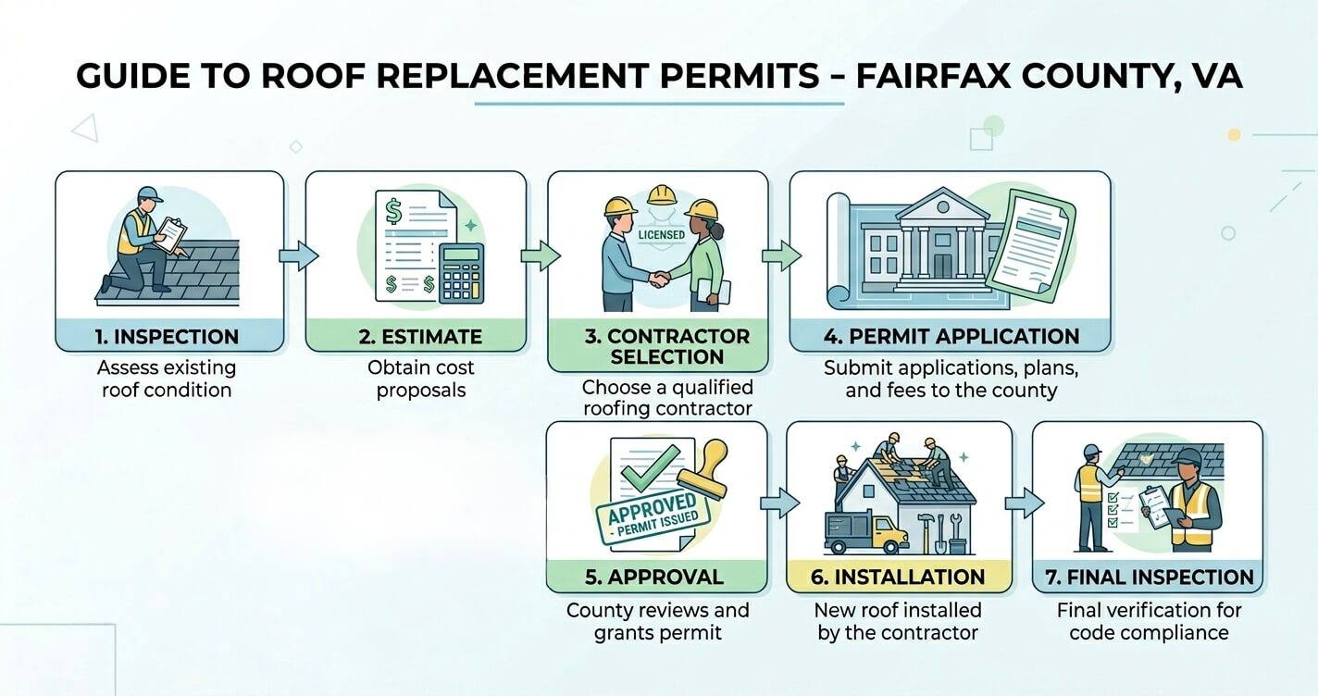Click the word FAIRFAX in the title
pyautogui.click(x=930, y=76)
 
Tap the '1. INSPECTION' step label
pyautogui.click(x=168, y=337)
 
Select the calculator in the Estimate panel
pyautogui.click(x=462, y=274)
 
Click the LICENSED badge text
pyautogui.click(x=662, y=235)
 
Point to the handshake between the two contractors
pyautogui.click(x=660, y=278)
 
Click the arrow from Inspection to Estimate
pyautogui.click(x=299, y=256)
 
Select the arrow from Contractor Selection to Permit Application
pyautogui.click(x=782, y=256)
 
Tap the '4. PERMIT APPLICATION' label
pyautogui.click(x=951, y=337)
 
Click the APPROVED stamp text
pyautogui.click(x=652, y=508)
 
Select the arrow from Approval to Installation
pyautogui.click(x=780, y=503)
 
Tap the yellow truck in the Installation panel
pyautogui.click(x=866, y=533)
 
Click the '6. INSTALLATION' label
pyautogui.click(x=898, y=578)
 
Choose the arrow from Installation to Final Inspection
pyautogui.click(x=1025, y=503)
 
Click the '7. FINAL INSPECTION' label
pyautogui.click(x=1150, y=578)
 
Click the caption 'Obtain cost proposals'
pyautogui.click(x=421, y=379)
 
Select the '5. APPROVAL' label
pyautogui.click(x=654, y=578)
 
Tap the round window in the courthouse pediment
pyautogui.click(x=943, y=207)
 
